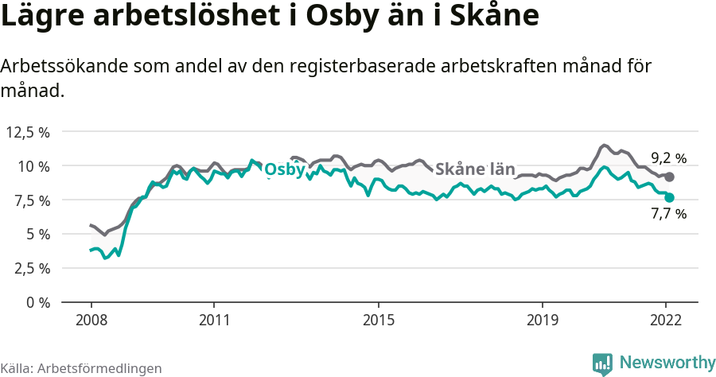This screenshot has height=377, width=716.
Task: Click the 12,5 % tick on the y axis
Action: pyautogui.click(x=28, y=132)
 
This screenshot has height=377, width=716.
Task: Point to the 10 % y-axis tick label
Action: pyautogui.click(x=33, y=166)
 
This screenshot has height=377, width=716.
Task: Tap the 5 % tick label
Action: pyautogui.click(x=37, y=235)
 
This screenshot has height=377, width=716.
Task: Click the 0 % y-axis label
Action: pyautogui.click(x=37, y=302)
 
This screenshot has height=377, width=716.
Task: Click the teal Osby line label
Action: pyautogui.click(x=284, y=170)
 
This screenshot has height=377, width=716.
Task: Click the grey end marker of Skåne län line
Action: pyautogui.click(x=670, y=177)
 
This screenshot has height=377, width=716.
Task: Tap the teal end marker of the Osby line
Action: pyautogui.click(x=670, y=197)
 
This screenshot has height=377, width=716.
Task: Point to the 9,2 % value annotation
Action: pyautogui.click(x=668, y=157)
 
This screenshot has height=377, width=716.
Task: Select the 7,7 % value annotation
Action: pyautogui.click(x=668, y=214)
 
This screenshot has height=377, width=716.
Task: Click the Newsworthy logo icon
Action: pyautogui.click(x=602, y=363)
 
